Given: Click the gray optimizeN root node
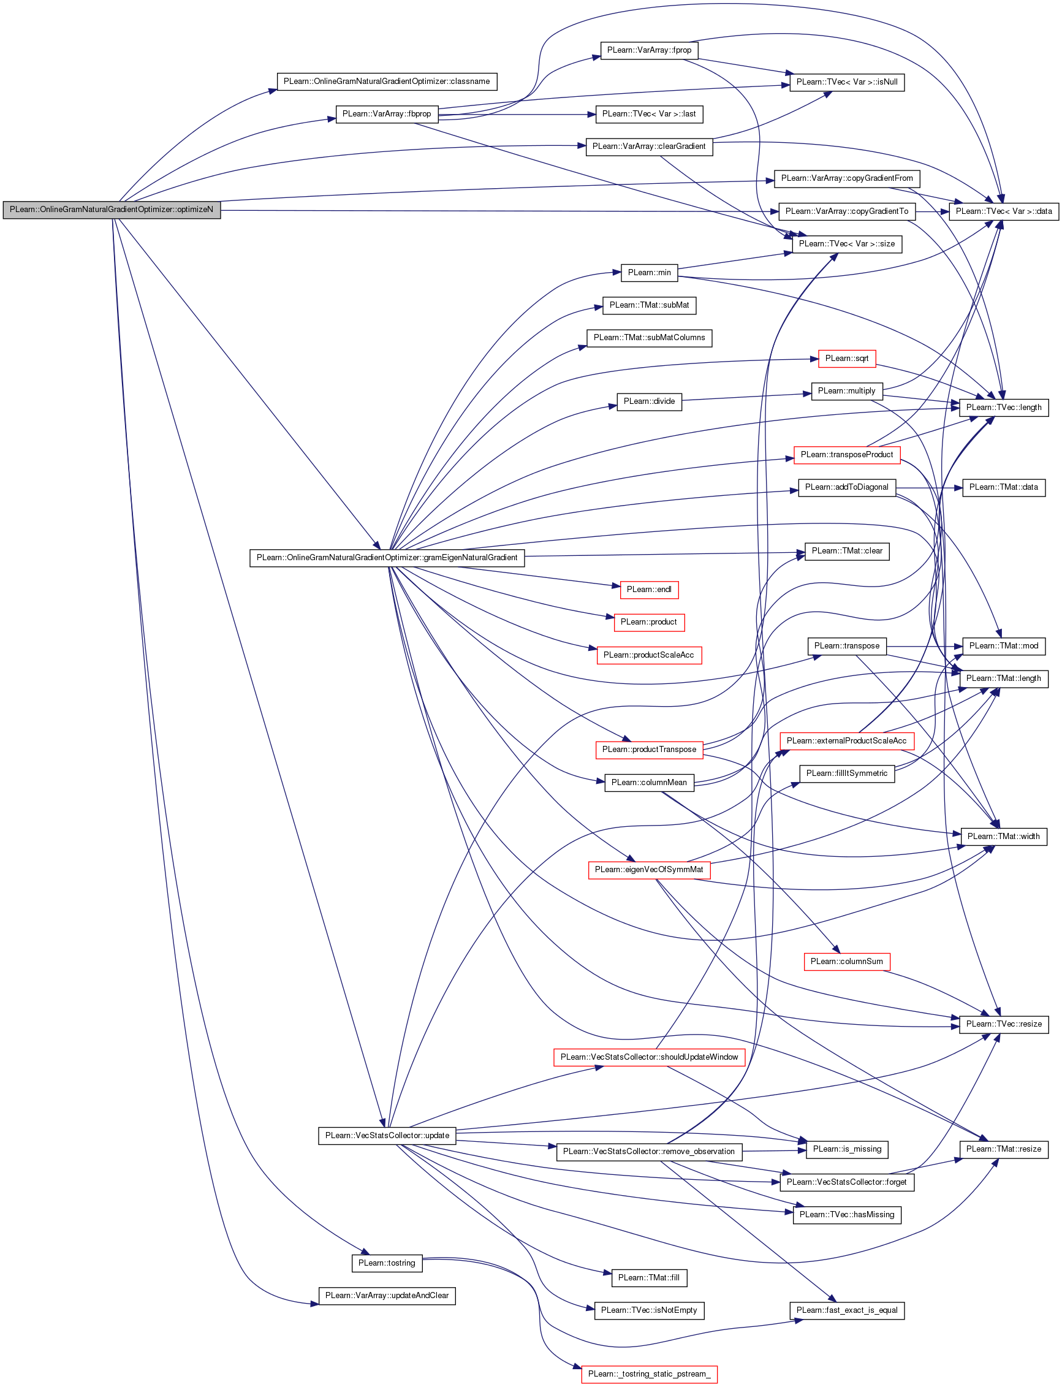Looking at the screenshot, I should coord(112,210).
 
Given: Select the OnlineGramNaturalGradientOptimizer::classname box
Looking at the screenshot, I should coord(387,82).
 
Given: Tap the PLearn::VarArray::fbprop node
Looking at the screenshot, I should coord(386,115).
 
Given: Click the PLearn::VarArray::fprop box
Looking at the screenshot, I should coord(648,50).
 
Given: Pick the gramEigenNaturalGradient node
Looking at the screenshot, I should coord(387,558).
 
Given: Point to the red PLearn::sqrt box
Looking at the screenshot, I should coord(846,359).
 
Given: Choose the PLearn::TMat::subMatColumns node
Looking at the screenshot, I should coord(648,338).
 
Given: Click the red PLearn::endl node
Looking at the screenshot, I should coord(648,590).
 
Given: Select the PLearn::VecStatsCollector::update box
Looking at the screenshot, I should coord(387,1135).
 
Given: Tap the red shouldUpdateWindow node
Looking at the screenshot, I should coord(648,1057).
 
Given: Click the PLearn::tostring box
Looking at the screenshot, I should coord(386,1263).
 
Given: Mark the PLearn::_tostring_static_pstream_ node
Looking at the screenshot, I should coord(648,1374).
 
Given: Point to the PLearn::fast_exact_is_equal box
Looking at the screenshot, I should coord(846,1310).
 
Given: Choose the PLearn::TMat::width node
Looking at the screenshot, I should coord(1003,837).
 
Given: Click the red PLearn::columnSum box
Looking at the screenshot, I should coord(846,962).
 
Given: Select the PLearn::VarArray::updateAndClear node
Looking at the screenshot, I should coord(386,1295).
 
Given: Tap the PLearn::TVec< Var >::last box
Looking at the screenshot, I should coord(648,115).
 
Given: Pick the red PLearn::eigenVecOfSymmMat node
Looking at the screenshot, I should coord(648,870).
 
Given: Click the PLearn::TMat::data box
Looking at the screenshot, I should coord(1003,487).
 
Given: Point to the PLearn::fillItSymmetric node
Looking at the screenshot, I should coord(846,773).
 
